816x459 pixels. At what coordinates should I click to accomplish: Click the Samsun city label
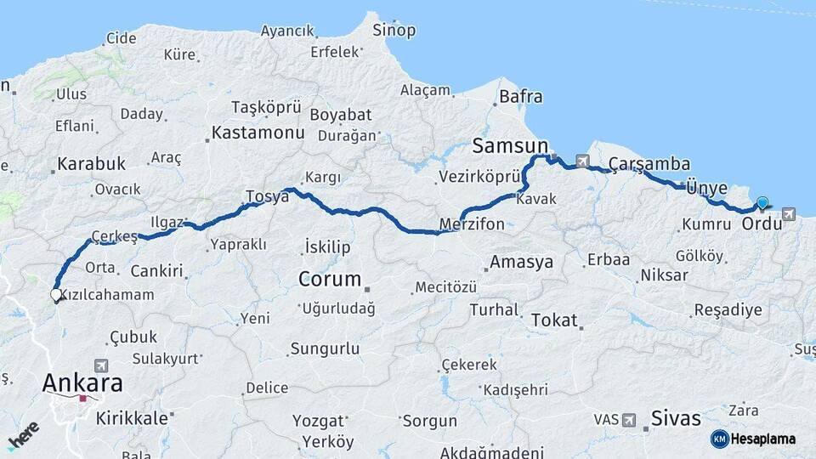510,145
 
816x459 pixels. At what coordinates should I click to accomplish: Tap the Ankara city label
82,382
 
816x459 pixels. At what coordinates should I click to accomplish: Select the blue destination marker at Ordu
762,202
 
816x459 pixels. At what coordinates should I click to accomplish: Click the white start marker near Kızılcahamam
56,295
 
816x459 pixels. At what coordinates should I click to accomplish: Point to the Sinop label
394,31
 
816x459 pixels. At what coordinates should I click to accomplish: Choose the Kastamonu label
258,133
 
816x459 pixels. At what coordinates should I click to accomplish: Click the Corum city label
329,279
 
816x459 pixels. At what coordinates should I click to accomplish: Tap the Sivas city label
676,417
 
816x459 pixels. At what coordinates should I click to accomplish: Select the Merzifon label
472,224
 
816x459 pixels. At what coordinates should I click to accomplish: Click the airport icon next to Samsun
581,160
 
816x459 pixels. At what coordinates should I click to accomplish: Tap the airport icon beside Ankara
101,365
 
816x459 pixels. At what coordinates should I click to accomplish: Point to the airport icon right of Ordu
790,213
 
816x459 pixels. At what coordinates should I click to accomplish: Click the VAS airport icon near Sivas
629,420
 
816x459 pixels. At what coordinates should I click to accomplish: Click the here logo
23,434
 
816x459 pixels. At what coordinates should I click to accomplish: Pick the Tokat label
554,320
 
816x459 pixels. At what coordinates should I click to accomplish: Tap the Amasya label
521,262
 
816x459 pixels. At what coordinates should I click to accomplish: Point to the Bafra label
520,97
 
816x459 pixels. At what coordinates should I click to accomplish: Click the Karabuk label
92,163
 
